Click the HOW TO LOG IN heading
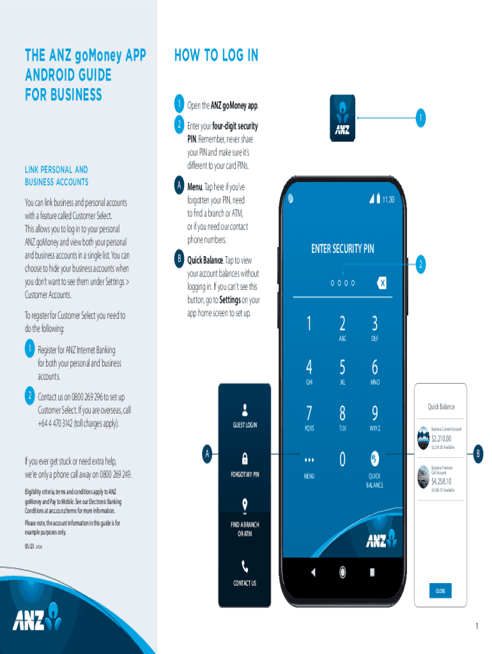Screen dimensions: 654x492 pyautogui.click(x=216, y=56)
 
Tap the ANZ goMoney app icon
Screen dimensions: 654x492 pyautogui.click(x=342, y=118)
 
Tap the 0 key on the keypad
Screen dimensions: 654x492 pyautogui.click(x=342, y=459)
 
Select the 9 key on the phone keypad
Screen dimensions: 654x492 pyautogui.click(x=374, y=413)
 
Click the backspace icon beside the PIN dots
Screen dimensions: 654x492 pyautogui.click(x=381, y=282)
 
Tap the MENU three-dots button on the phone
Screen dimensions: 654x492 pyautogui.click(x=309, y=459)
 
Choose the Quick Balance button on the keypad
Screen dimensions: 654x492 pyautogui.click(x=374, y=458)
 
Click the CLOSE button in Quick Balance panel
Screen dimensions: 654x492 pyautogui.click(x=440, y=591)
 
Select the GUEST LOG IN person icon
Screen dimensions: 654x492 pyautogui.click(x=245, y=409)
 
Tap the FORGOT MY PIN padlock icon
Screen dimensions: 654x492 pyautogui.click(x=245, y=459)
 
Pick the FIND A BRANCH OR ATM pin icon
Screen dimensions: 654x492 pyautogui.click(x=245, y=506)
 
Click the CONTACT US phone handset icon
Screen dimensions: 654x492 pyautogui.click(x=245, y=566)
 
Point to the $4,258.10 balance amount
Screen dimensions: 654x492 pyautogui.click(x=441, y=481)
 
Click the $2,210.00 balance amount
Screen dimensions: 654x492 pyautogui.click(x=441, y=439)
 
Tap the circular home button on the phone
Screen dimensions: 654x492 pyautogui.click(x=342, y=572)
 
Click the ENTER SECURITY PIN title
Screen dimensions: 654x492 pyautogui.click(x=342, y=249)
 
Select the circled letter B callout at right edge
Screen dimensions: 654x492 pyautogui.click(x=479, y=455)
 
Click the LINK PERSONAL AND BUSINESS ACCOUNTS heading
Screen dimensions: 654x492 pyautogui.click(x=56, y=176)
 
